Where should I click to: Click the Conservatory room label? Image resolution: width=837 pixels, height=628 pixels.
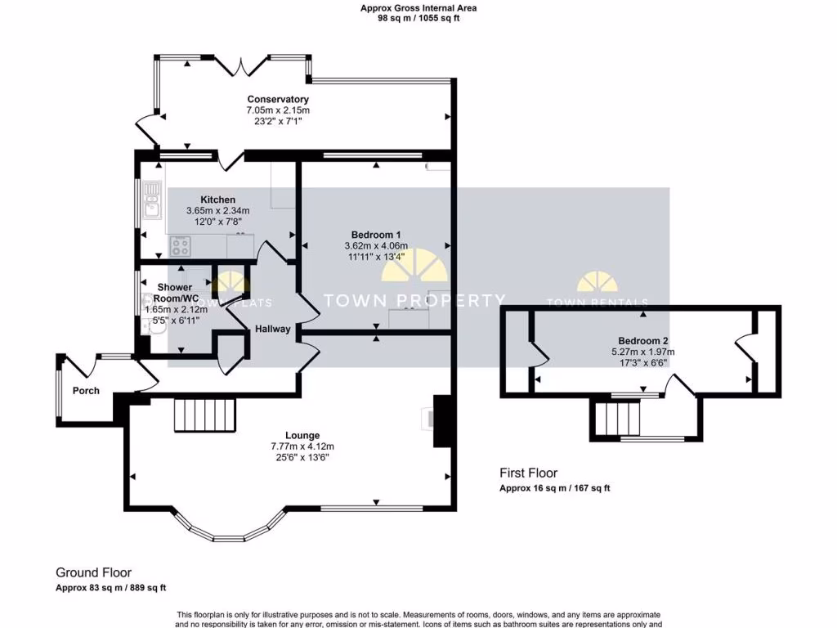(278, 100)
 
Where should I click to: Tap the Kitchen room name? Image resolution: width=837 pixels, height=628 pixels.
(217, 200)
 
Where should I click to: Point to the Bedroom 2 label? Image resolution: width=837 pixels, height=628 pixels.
(643, 341)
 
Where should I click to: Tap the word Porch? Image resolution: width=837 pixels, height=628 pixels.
(86, 391)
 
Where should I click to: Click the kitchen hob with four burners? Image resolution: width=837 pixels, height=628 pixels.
(180, 244)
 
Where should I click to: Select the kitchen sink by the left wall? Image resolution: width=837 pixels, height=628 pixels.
(152, 201)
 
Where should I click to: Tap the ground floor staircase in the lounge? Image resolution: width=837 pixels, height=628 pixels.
(204, 415)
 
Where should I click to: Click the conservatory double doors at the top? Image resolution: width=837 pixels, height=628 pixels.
(249, 63)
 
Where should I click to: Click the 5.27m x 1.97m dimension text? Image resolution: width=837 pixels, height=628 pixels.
(643, 352)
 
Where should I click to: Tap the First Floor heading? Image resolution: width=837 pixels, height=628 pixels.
(529, 473)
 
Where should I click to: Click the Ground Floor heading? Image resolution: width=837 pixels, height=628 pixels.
(93, 572)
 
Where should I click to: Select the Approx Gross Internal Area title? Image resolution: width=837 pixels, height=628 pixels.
(418, 8)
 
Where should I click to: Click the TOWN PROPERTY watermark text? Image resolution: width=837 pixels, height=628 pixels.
(414, 301)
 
